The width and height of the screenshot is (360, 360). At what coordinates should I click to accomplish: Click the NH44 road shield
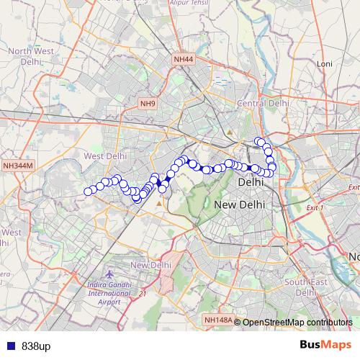[184, 58]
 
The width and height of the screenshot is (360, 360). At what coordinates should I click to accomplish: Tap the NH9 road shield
[148, 104]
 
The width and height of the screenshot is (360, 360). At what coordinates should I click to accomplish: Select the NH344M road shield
[18, 166]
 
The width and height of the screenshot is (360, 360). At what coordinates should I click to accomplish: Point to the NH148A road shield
[217, 320]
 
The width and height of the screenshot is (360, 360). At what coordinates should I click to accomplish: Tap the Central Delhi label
[263, 104]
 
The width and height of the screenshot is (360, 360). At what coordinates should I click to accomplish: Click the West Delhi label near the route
[105, 156]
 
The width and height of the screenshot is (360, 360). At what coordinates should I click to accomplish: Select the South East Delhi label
[306, 287]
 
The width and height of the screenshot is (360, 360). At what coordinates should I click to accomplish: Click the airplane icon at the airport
[109, 274]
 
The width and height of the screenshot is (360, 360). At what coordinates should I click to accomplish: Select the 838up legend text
[36, 346]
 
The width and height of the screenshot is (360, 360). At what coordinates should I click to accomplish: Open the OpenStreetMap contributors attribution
[297, 322]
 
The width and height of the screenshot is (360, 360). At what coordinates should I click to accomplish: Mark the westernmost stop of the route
[88, 192]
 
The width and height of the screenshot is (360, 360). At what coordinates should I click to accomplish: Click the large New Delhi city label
[240, 205]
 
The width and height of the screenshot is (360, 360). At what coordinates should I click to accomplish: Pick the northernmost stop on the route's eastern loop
[258, 140]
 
